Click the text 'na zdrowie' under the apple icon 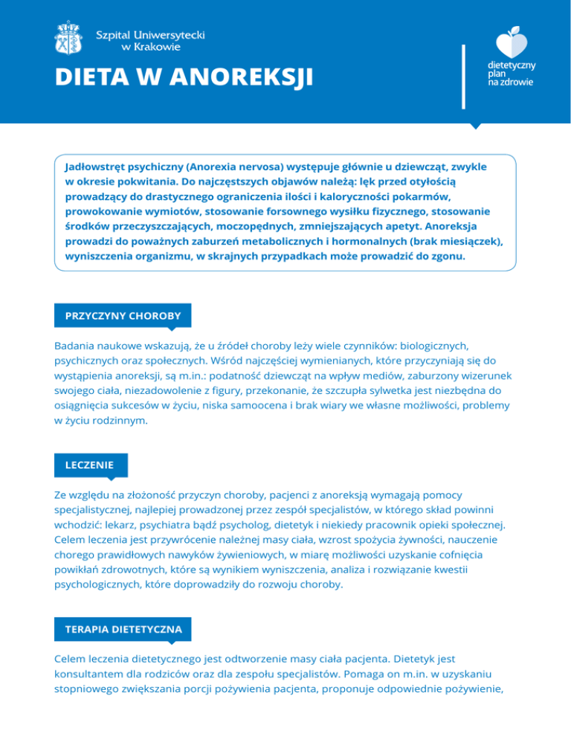coord(509,83)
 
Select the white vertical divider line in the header coord(464,77)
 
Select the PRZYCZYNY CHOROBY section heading coord(123,315)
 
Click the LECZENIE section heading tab coord(89,465)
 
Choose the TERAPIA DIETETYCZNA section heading coord(123,629)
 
